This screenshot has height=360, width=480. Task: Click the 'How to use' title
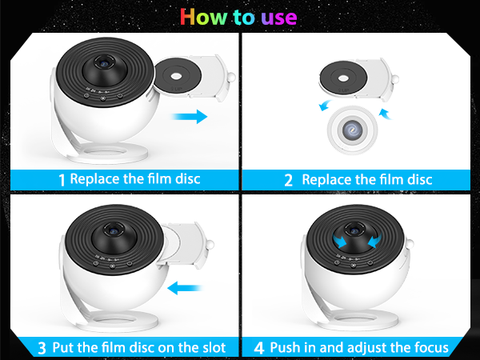coord(238,17)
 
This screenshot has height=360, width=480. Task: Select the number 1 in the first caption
coord(62,179)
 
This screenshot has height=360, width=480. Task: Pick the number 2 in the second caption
coord(288,179)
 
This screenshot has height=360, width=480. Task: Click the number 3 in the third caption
coord(42,348)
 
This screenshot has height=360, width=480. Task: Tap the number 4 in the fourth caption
coord(259,348)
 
